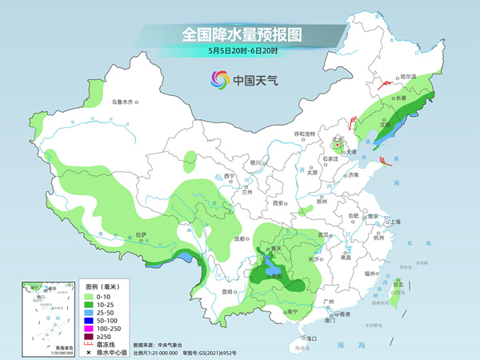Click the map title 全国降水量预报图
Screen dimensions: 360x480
coord(240,35)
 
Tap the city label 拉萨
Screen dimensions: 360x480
coord(141,234)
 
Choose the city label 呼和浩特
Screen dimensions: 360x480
coord(305,134)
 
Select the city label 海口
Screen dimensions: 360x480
coord(310,339)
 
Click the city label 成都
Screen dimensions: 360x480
coord(240,238)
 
